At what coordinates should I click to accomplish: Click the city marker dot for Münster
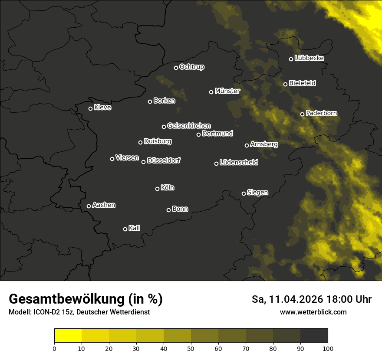211,92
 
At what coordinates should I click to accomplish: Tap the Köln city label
168,188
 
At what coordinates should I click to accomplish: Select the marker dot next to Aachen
89,206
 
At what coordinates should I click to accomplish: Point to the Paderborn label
321,113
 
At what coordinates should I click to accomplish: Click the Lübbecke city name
309,58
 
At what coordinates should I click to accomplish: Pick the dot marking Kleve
91,108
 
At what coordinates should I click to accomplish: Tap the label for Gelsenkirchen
189,126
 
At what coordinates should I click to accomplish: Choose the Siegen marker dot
244,193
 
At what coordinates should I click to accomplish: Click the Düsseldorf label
164,160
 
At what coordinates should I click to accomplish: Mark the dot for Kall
125,229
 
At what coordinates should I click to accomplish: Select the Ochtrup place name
191,67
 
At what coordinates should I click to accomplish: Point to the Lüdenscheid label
239,162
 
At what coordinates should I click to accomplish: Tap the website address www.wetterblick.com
313,312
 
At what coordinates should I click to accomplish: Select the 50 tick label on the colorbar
191,348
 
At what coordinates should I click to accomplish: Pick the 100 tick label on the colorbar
327,348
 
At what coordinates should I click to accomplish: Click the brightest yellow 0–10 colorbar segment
68,335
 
